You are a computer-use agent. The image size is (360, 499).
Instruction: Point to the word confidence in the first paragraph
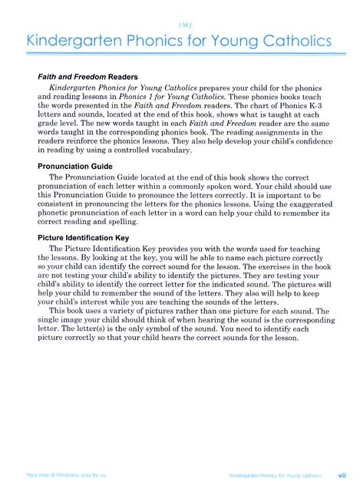[x=313, y=140]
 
